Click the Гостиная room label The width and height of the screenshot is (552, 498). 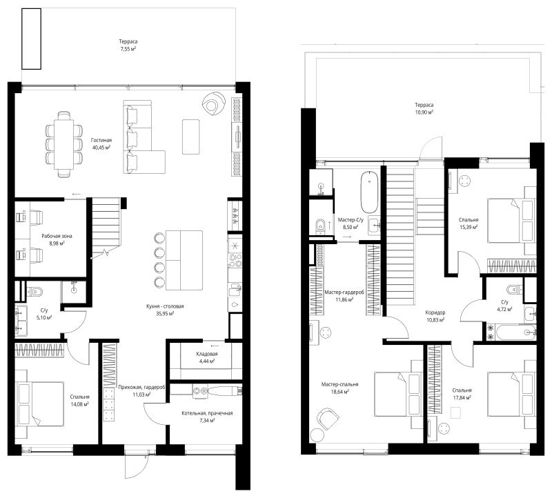pyautogui.click(x=101, y=141)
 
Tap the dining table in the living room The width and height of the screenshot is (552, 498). pyautogui.click(x=63, y=144)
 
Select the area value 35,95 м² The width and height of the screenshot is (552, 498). pyautogui.click(x=165, y=314)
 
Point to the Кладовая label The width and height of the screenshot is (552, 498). pyautogui.click(x=207, y=354)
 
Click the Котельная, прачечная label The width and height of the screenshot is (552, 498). pyautogui.click(x=207, y=413)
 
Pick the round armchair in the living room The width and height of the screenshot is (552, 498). pyautogui.click(x=213, y=103)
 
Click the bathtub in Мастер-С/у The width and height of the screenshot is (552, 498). pyautogui.click(x=369, y=192)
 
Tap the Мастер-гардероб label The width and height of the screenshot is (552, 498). pyautogui.click(x=344, y=292)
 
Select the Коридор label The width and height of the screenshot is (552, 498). pyautogui.click(x=435, y=312)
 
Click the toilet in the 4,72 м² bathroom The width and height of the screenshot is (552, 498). pyautogui.click(x=514, y=289)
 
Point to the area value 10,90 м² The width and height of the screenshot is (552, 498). pyautogui.click(x=424, y=112)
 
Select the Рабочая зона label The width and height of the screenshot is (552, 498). pyautogui.click(x=57, y=236)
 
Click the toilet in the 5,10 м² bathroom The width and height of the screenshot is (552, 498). pyautogui.click(x=35, y=292)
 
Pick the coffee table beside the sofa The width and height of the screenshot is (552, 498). pyautogui.click(x=191, y=137)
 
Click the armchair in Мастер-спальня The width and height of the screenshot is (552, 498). pyautogui.click(x=328, y=419)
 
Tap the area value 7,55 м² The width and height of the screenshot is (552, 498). pyautogui.click(x=128, y=49)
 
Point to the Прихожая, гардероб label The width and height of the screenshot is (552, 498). pyautogui.click(x=142, y=387)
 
